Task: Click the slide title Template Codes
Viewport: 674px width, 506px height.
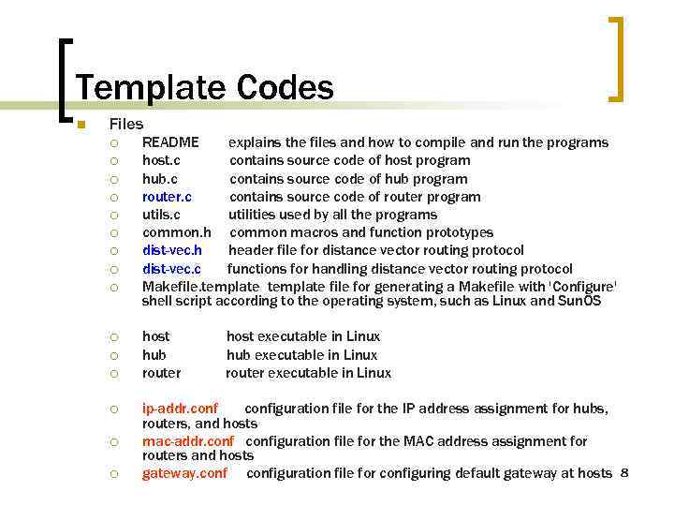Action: click(204, 88)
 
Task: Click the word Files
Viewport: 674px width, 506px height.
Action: click(125, 124)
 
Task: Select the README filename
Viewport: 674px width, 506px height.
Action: click(170, 142)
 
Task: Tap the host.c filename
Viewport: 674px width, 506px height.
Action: click(161, 160)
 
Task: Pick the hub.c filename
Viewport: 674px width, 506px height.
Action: click(159, 179)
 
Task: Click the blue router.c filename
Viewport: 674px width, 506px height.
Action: click(167, 197)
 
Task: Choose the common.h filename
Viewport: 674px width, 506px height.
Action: click(177, 232)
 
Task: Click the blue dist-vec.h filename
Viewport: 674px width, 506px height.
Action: click(172, 250)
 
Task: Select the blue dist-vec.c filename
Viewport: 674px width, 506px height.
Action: click(171, 269)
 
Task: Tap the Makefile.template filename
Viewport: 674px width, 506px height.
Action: click(200, 287)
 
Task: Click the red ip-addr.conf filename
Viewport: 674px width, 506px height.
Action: click(180, 409)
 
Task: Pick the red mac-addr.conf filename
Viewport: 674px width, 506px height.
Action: click(188, 441)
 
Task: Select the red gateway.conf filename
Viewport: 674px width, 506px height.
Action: click(184, 473)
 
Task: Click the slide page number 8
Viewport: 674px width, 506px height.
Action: click(623, 472)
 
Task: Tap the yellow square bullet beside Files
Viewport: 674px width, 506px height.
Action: click(81, 125)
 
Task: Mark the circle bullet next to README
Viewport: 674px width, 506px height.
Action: click(113, 143)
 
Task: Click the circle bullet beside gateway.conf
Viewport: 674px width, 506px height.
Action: click(113, 474)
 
